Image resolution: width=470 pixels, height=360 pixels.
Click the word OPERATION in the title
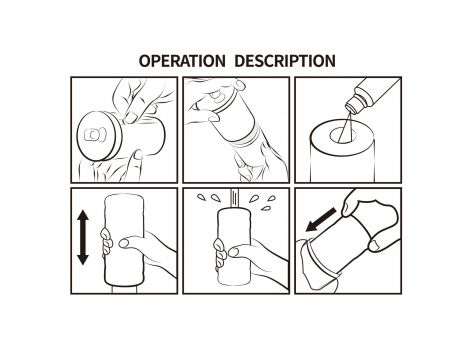(182, 61)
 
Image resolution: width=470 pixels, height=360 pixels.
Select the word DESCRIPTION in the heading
(285, 61)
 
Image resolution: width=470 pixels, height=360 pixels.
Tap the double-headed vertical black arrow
(83, 237)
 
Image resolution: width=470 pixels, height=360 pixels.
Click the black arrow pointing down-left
(321, 219)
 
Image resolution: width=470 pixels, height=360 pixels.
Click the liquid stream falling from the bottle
(345, 128)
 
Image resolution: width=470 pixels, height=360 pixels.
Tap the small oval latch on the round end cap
(93, 135)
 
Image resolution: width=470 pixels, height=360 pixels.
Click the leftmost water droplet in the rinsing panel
(201, 198)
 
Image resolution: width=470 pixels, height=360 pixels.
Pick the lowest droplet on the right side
(265, 208)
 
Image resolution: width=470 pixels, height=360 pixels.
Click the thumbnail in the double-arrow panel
(124, 243)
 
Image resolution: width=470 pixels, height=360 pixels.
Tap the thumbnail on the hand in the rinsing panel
(233, 252)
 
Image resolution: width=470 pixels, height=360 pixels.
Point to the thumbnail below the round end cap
(137, 154)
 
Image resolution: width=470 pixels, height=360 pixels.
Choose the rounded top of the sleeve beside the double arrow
(124, 199)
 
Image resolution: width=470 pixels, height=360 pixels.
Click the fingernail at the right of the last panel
(375, 245)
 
